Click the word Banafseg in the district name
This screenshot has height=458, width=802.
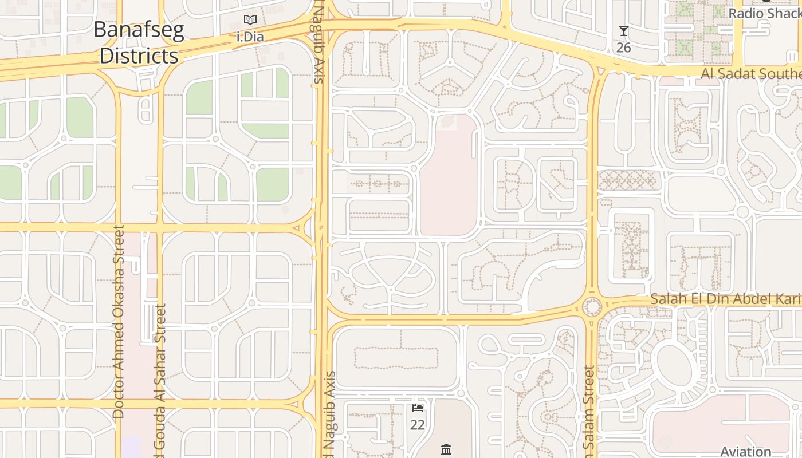[x=139, y=30]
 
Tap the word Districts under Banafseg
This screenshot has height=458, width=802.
[x=139, y=56]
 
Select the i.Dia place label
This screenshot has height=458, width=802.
[x=250, y=37]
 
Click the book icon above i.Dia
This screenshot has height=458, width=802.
[x=250, y=20]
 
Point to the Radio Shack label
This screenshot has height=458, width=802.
[x=764, y=13]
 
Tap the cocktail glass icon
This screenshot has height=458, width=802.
[x=624, y=31]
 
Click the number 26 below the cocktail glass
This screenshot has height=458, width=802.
[x=624, y=48]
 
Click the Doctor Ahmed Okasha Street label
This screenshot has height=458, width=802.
[x=119, y=321]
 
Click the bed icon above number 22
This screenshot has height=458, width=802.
[x=418, y=408]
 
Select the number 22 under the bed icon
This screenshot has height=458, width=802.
[x=418, y=425]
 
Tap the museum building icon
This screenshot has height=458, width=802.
[x=446, y=449]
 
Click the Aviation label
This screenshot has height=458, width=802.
[x=745, y=452]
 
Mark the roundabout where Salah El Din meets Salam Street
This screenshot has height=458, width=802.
[x=592, y=307]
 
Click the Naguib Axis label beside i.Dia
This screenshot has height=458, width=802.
[x=320, y=43]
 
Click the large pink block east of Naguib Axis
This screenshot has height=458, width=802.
[x=449, y=177]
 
